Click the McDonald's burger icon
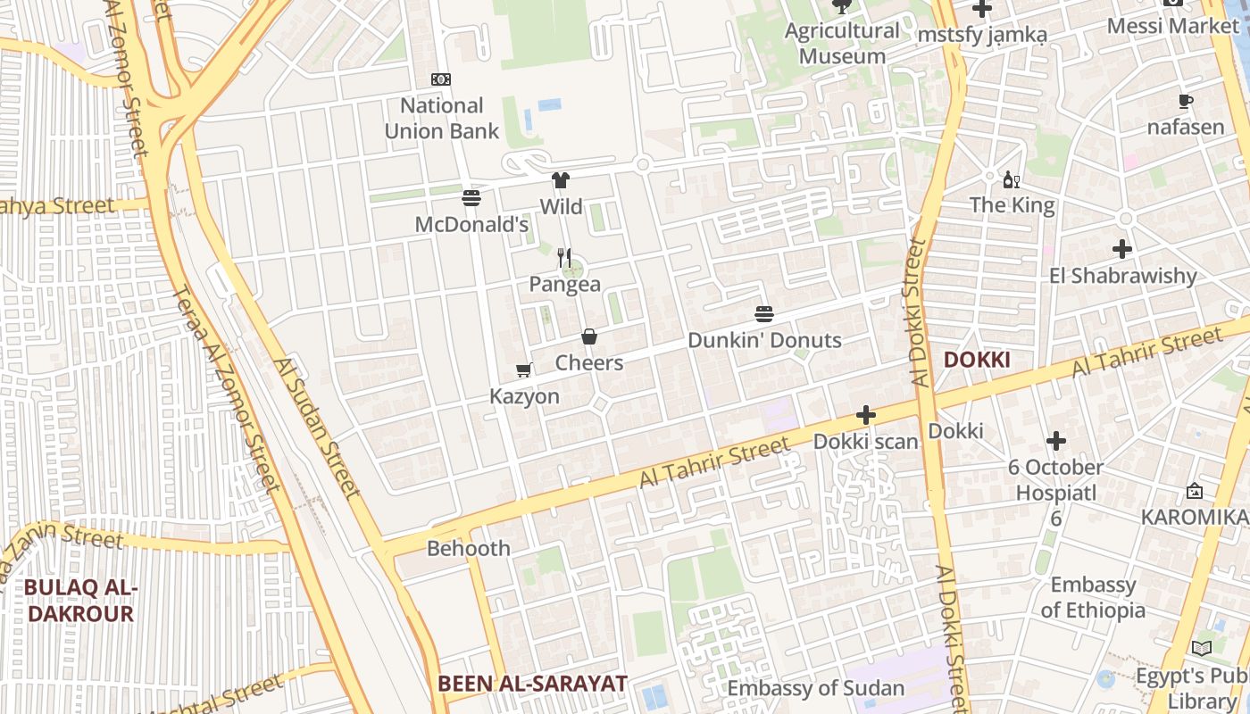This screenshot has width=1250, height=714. pyautogui.click(x=471, y=197)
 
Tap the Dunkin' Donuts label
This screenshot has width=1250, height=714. pyautogui.click(x=764, y=340)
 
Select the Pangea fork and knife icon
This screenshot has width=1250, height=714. pyautogui.click(x=564, y=258)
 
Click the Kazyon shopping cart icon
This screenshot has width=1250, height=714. pyautogui.click(x=524, y=369)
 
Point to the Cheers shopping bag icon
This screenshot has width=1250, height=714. pyautogui.click(x=589, y=336)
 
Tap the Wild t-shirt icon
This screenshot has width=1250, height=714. pyautogui.click(x=561, y=180)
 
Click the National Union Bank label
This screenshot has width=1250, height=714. pyautogui.click(x=442, y=118)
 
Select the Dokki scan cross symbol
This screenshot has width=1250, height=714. pyautogui.click(x=865, y=415)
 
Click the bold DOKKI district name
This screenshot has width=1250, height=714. pyautogui.click(x=977, y=360)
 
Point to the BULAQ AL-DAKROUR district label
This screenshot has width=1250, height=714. pyautogui.click(x=80, y=601)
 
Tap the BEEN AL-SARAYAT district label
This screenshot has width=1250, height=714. pyautogui.click(x=532, y=684)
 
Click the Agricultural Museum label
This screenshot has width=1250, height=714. pyautogui.click(x=842, y=43)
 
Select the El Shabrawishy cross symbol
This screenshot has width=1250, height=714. pyautogui.click(x=1122, y=249)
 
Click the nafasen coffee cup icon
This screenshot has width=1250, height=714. pyautogui.click(x=1186, y=101)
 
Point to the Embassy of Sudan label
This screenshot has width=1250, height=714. pyautogui.click(x=815, y=688)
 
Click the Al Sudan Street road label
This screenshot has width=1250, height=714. pyautogui.click(x=318, y=428)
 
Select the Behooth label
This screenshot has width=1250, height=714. pyautogui.click(x=469, y=548)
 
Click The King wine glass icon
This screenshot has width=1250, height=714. pyautogui.click(x=1012, y=180)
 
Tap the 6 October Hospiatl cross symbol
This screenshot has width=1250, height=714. pyautogui.click(x=1056, y=441)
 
